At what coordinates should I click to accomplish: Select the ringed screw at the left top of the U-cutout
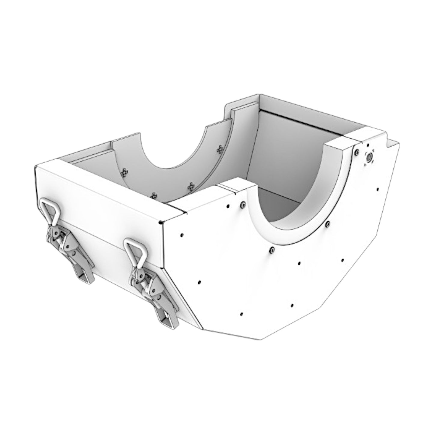(x=242, y=205)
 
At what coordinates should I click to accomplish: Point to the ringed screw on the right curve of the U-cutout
(x=328, y=223)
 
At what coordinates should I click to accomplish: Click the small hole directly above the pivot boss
(x=368, y=145)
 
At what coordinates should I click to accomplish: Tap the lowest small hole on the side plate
(x=241, y=314)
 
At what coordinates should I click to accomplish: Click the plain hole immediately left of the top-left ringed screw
(x=228, y=206)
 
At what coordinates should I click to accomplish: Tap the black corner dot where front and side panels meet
(x=162, y=223)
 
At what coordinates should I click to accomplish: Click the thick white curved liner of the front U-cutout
(x=300, y=210)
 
